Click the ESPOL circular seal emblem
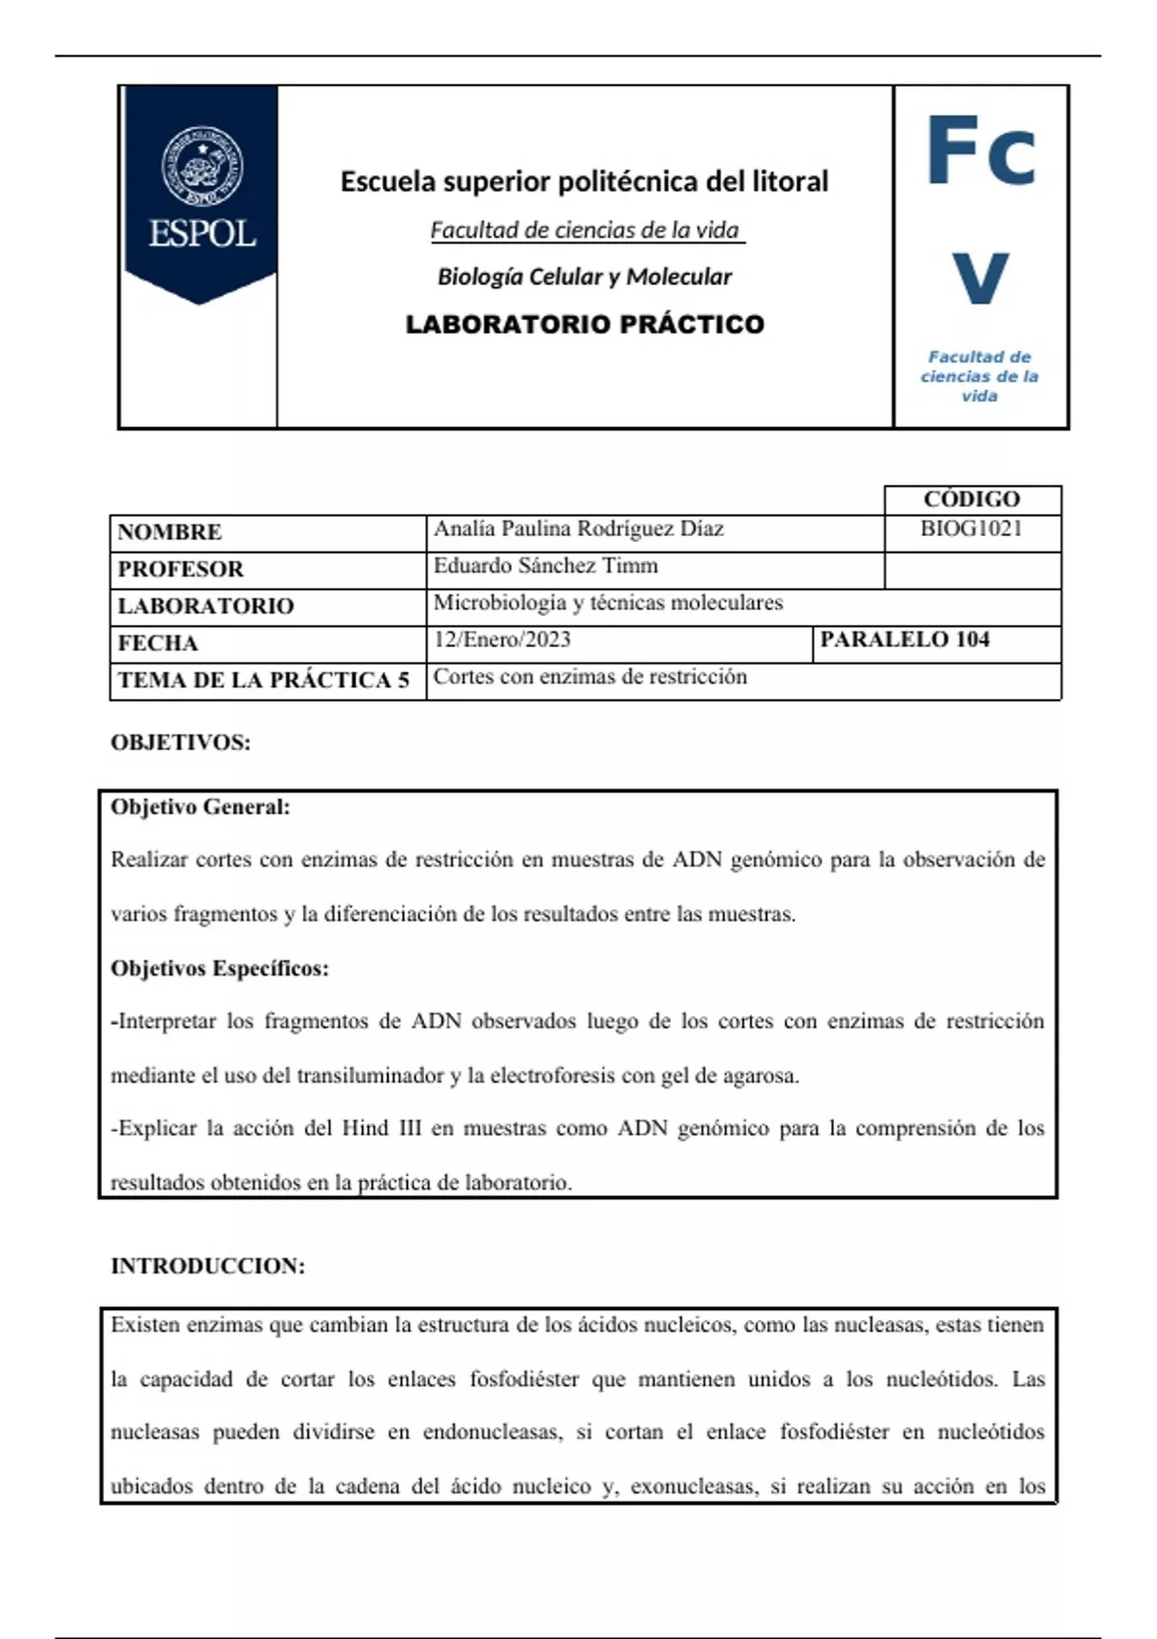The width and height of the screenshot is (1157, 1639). click(202, 166)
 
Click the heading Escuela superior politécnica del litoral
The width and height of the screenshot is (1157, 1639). click(583, 181)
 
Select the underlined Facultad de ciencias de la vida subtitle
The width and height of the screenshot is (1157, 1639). click(584, 230)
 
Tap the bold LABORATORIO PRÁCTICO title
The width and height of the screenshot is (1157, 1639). click(584, 324)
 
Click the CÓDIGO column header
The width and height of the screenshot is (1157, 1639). click(971, 499)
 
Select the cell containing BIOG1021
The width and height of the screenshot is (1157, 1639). click(971, 528)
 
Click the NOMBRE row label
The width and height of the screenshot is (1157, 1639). click(170, 532)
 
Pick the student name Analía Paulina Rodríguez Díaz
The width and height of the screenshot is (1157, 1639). click(578, 528)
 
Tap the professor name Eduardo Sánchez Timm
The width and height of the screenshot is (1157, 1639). click(546, 566)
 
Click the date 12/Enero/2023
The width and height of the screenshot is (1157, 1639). click(502, 640)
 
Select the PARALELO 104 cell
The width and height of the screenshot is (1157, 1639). click(904, 640)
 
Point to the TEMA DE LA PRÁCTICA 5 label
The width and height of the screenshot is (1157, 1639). click(263, 681)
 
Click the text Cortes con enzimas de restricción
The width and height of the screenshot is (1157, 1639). click(590, 677)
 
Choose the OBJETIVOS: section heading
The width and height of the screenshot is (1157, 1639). click(180, 742)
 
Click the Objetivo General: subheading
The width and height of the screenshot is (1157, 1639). click(201, 807)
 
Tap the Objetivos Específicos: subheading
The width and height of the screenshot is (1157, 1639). click(220, 968)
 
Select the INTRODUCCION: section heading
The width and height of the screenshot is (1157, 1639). click(207, 1266)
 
